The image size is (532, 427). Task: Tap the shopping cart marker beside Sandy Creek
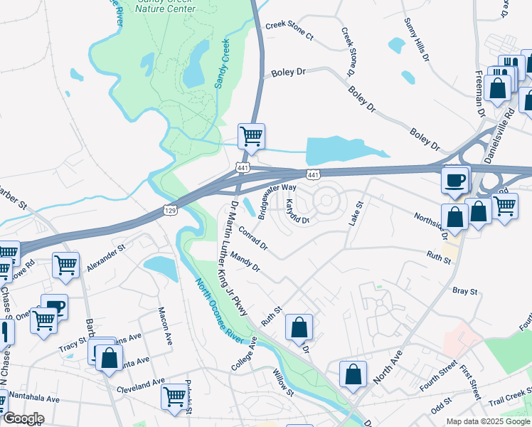(x=250, y=136)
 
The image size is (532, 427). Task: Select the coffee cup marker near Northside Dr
(x=455, y=179)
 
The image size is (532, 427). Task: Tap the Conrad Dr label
(x=253, y=238)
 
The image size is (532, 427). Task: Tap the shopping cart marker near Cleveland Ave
(x=174, y=396)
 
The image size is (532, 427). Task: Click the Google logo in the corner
(x=23, y=418)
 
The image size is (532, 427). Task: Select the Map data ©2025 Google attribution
(x=487, y=421)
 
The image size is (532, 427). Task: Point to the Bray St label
(x=463, y=290)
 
